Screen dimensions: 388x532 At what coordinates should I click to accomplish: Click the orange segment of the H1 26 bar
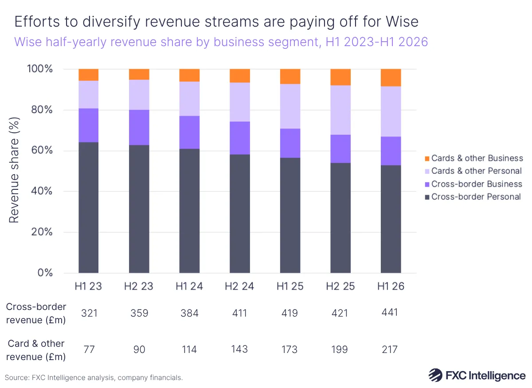[x=391, y=78]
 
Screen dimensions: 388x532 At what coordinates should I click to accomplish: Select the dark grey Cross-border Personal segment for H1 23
[x=88, y=207]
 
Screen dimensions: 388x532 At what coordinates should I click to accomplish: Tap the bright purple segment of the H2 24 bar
[x=239, y=138]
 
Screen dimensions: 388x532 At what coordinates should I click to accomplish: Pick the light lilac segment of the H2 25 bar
[x=340, y=110]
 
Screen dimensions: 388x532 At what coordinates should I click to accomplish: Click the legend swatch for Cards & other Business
[x=427, y=158]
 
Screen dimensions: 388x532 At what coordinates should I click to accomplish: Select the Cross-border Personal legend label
[x=476, y=197]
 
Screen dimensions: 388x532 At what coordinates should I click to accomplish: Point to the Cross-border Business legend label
[x=477, y=184]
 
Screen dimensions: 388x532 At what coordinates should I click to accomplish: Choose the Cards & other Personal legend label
[x=476, y=171]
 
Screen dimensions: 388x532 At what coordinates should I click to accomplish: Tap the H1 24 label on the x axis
[x=189, y=286]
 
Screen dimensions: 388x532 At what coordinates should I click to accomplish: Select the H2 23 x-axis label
[x=138, y=286]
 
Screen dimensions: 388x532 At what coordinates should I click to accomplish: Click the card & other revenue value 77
[x=88, y=350]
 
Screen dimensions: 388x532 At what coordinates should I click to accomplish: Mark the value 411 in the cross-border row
[x=239, y=313]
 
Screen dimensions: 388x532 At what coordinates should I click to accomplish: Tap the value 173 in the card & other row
[x=290, y=350]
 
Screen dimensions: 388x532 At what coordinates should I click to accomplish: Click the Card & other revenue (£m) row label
[x=35, y=350]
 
